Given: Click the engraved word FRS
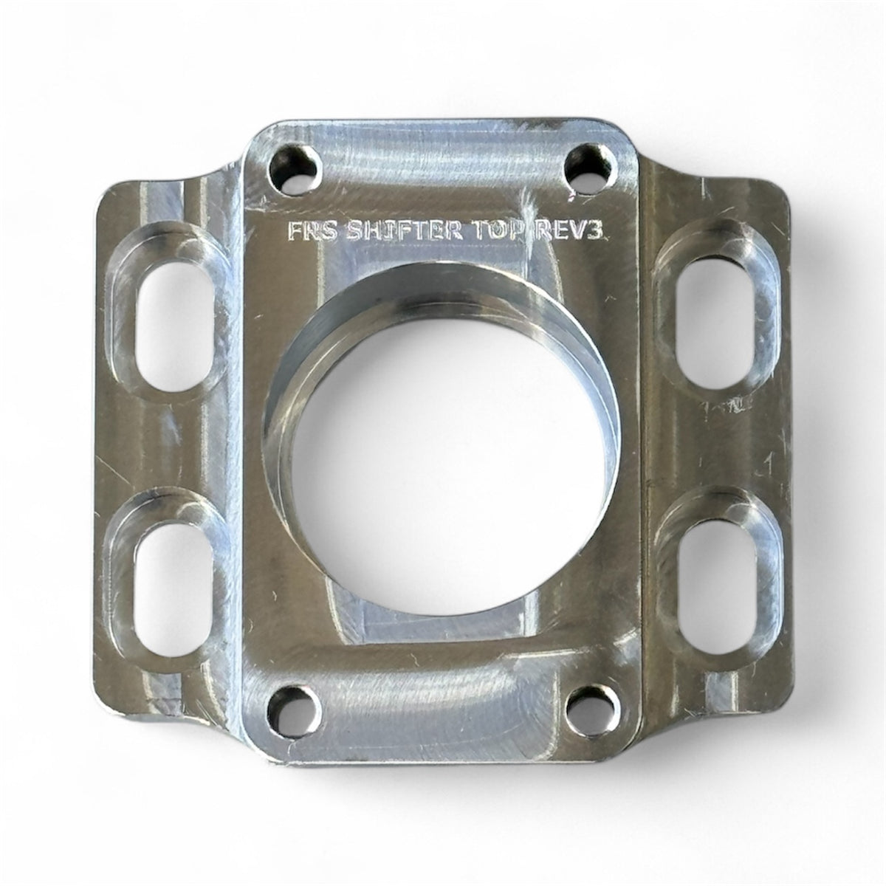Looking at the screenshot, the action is click(313, 231).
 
